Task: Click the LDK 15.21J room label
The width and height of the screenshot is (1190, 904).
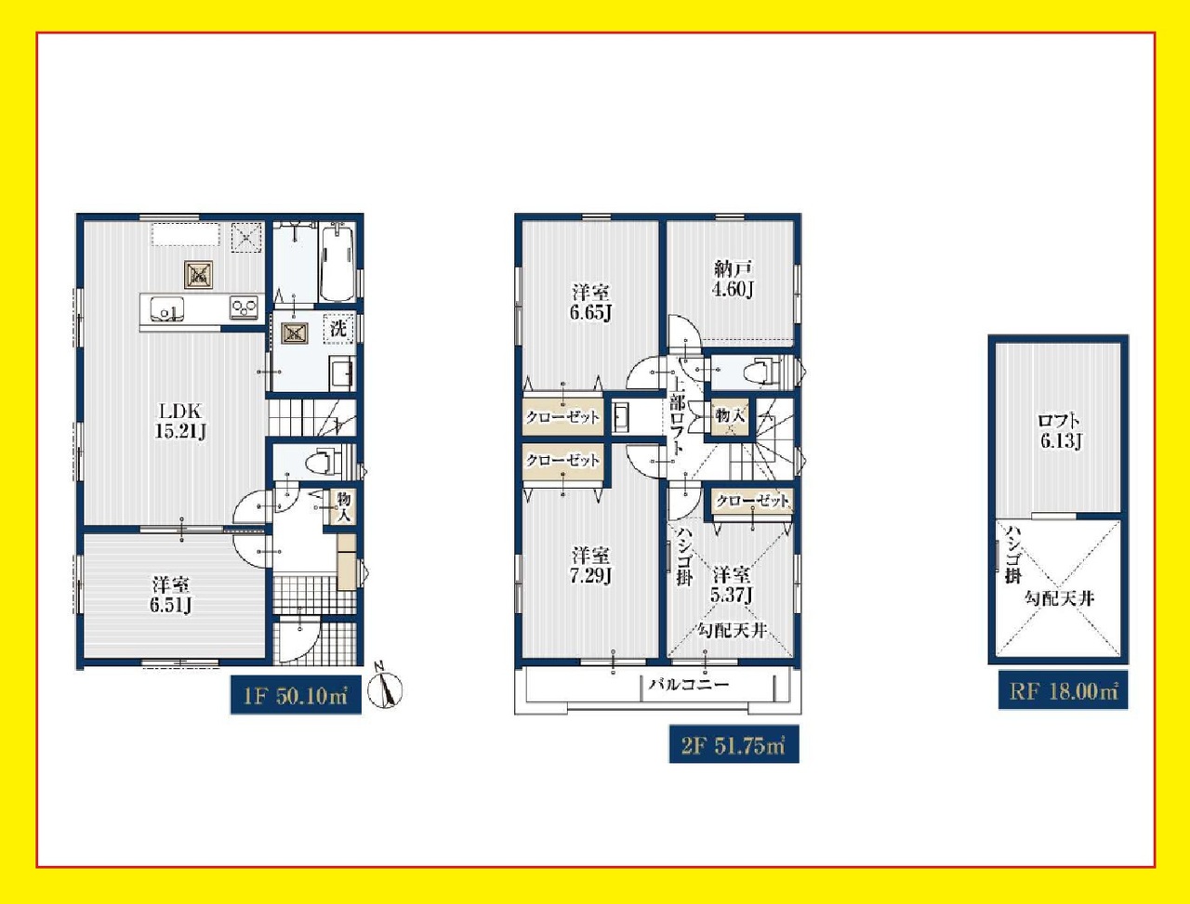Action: pos(180,421)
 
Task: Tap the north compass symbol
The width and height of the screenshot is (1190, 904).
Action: pos(385,690)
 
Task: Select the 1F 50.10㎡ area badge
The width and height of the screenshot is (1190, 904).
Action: pos(296,695)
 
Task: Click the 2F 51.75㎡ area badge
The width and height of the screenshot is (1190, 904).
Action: pos(734,744)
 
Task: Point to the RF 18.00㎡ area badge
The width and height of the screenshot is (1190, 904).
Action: pos(1064,690)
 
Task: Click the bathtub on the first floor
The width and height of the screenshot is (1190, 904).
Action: pos(337,263)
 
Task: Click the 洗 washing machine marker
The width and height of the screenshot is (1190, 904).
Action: pos(338,328)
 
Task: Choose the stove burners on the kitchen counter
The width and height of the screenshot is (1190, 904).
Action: pos(244,308)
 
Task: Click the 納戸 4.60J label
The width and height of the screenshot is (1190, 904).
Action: pos(733,279)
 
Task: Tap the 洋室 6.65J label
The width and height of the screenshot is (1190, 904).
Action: pos(591,303)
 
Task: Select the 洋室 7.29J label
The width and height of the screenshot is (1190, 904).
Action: pos(591,566)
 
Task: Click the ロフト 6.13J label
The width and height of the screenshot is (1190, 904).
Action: pos(1061,431)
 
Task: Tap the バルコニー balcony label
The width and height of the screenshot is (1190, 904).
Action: pos(689,684)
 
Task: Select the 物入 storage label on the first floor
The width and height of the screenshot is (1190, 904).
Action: pos(343,507)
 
